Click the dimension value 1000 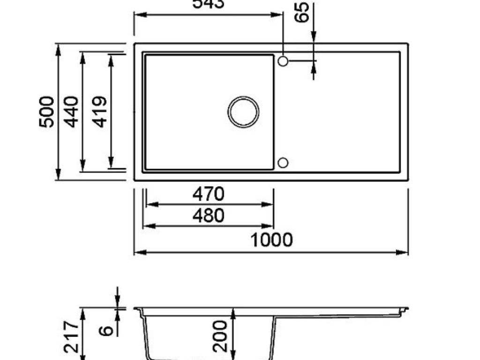(271, 240)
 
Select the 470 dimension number (209, 194)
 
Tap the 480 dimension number (209, 216)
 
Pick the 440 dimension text (71, 112)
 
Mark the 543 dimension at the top (209, 4)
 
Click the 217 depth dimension (71, 337)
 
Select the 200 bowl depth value (220, 336)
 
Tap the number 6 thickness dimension (107, 330)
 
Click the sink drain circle (243, 112)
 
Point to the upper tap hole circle (283, 61)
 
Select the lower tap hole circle (283, 163)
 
